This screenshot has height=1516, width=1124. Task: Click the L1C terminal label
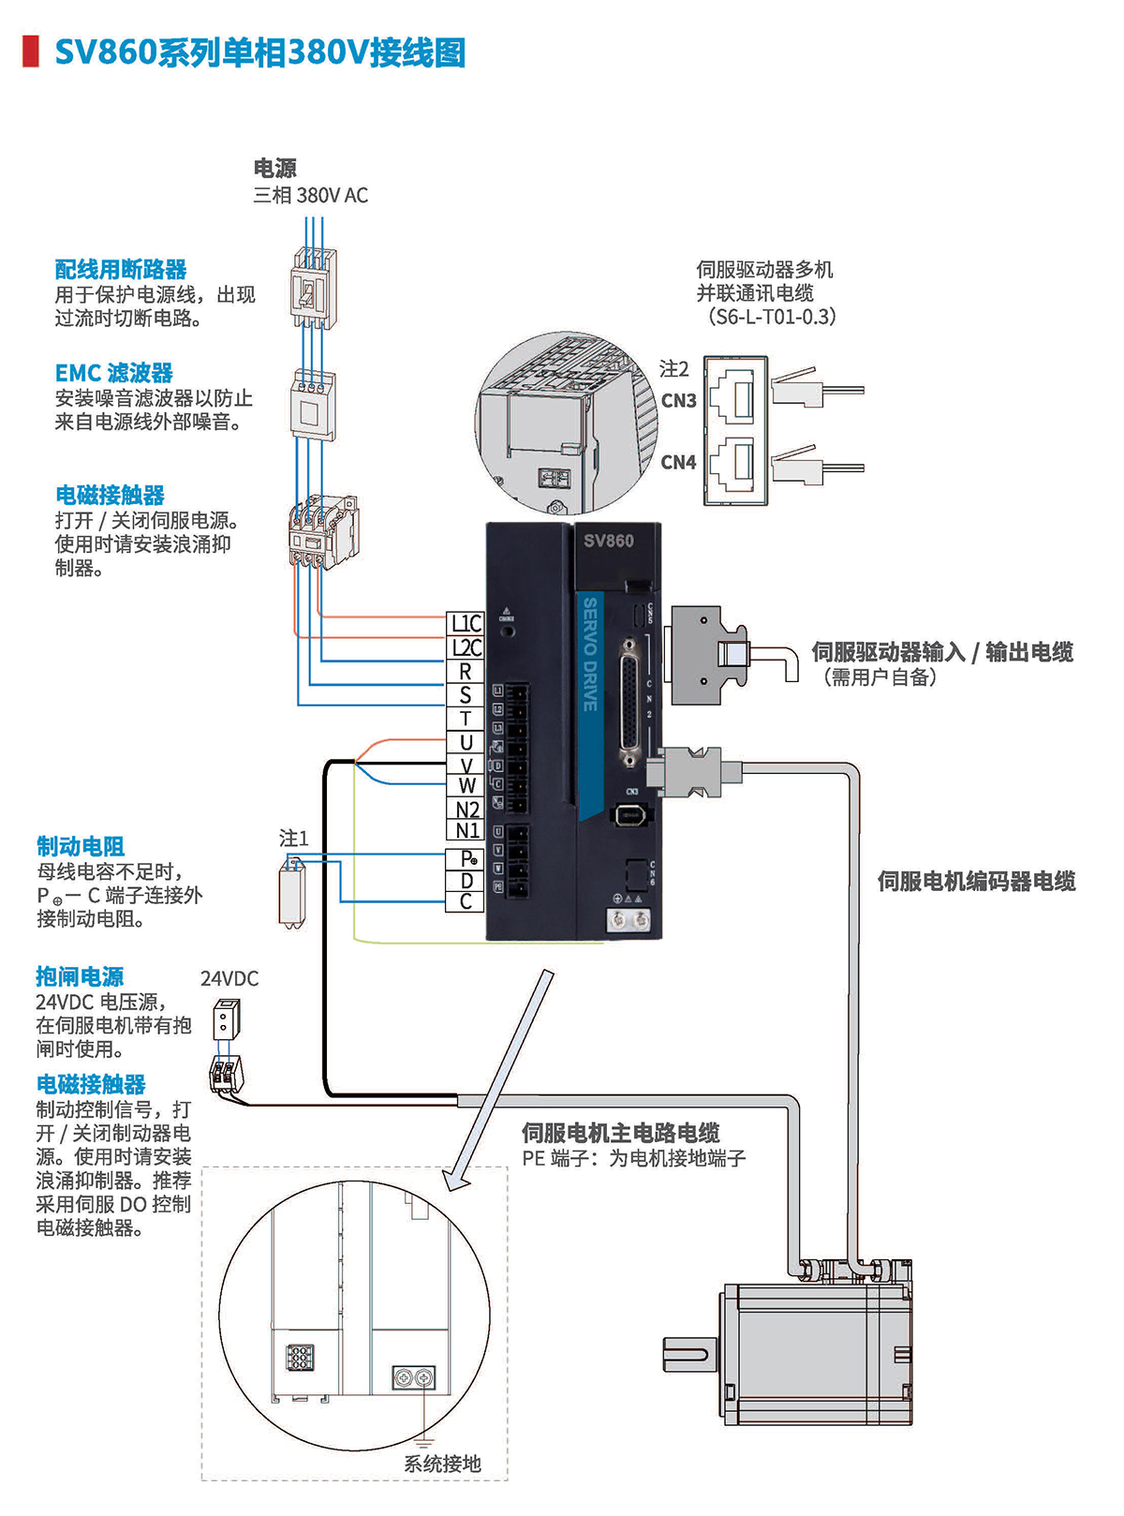point(466,624)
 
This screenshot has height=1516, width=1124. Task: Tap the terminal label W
point(466,786)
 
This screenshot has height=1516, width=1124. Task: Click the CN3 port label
point(678,401)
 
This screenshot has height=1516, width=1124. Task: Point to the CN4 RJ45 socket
point(735,462)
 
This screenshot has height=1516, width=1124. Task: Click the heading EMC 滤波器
point(114,373)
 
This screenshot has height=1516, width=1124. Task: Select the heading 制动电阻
point(81,846)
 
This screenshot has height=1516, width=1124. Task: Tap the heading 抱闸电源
point(80,977)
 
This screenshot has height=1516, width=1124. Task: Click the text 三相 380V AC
point(310,196)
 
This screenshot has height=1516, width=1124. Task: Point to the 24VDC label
point(229,979)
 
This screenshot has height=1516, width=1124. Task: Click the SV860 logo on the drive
point(609,541)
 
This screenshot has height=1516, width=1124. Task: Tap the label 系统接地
point(442,1464)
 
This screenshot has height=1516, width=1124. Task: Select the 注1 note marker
point(293,839)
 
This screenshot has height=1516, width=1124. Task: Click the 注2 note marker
point(674,369)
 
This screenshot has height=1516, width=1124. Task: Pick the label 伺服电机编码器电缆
point(976,882)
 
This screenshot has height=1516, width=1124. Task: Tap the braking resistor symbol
point(292,897)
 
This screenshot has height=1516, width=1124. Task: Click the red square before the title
point(31,52)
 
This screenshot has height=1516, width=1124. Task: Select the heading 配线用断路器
point(121,270)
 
